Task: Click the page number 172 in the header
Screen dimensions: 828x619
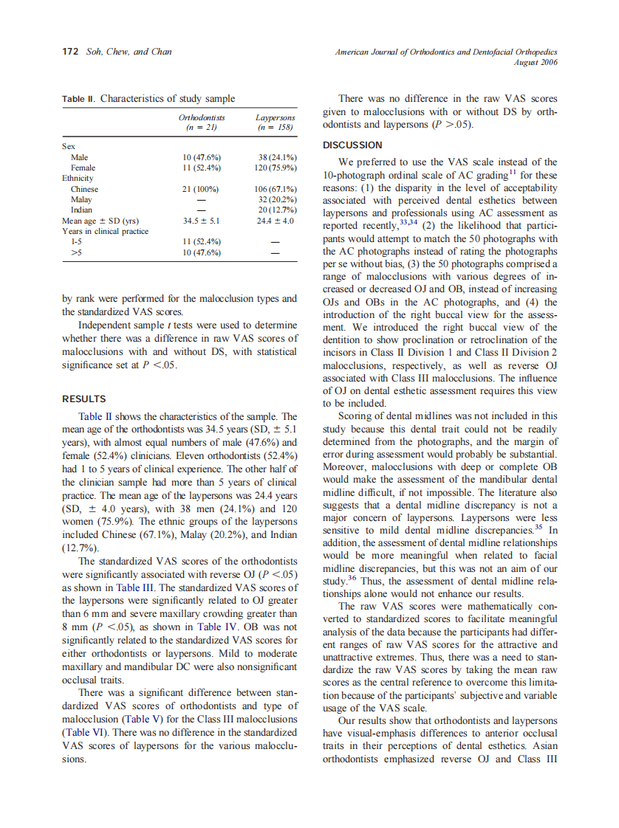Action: click(x=70, y=52)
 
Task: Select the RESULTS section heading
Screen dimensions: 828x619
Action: click(x=83, y=399)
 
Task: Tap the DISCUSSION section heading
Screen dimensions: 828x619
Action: click(x=353, y=145)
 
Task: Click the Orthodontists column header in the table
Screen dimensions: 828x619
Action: click(x=202, y=117)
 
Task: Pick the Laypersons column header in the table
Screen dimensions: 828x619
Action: click(x=275, y=117)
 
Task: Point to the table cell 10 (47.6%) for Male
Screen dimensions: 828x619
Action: click(x=202, y=157)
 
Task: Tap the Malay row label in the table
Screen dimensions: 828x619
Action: click(x=81, y=199)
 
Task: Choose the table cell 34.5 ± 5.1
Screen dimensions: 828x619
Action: click(x=202, y=221)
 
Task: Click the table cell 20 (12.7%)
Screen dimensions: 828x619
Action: click(x=277, y=210)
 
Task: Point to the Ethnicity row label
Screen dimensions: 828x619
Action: click(x=78, y=178)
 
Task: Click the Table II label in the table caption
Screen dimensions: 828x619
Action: click(x=78, y=99)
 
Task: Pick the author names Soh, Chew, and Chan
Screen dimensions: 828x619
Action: click(x=129, y=52)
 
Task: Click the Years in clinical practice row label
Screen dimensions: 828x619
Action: click(x=106, y=231)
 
